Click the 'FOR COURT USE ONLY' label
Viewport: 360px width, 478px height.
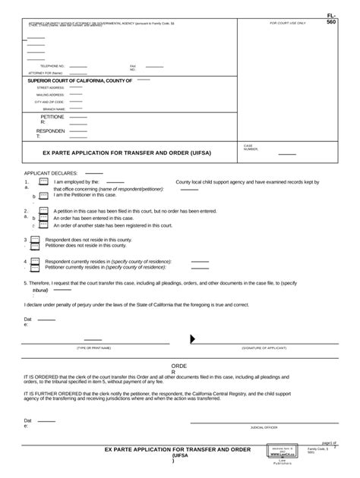tap(288, 24)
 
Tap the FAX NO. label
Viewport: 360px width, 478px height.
tap(133, 68)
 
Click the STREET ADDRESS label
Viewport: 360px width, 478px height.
tap(51, 87)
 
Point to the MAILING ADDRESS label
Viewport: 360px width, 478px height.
tap(50, 94)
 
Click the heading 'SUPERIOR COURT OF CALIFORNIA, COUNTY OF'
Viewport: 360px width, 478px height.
tap(80, 80)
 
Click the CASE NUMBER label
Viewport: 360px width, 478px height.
tap(251, 147)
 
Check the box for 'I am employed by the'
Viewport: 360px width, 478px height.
tap(43, 183)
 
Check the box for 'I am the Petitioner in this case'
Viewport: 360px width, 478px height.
tap(43, 196)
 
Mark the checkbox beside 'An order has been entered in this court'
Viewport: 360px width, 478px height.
tap(43, 218)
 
